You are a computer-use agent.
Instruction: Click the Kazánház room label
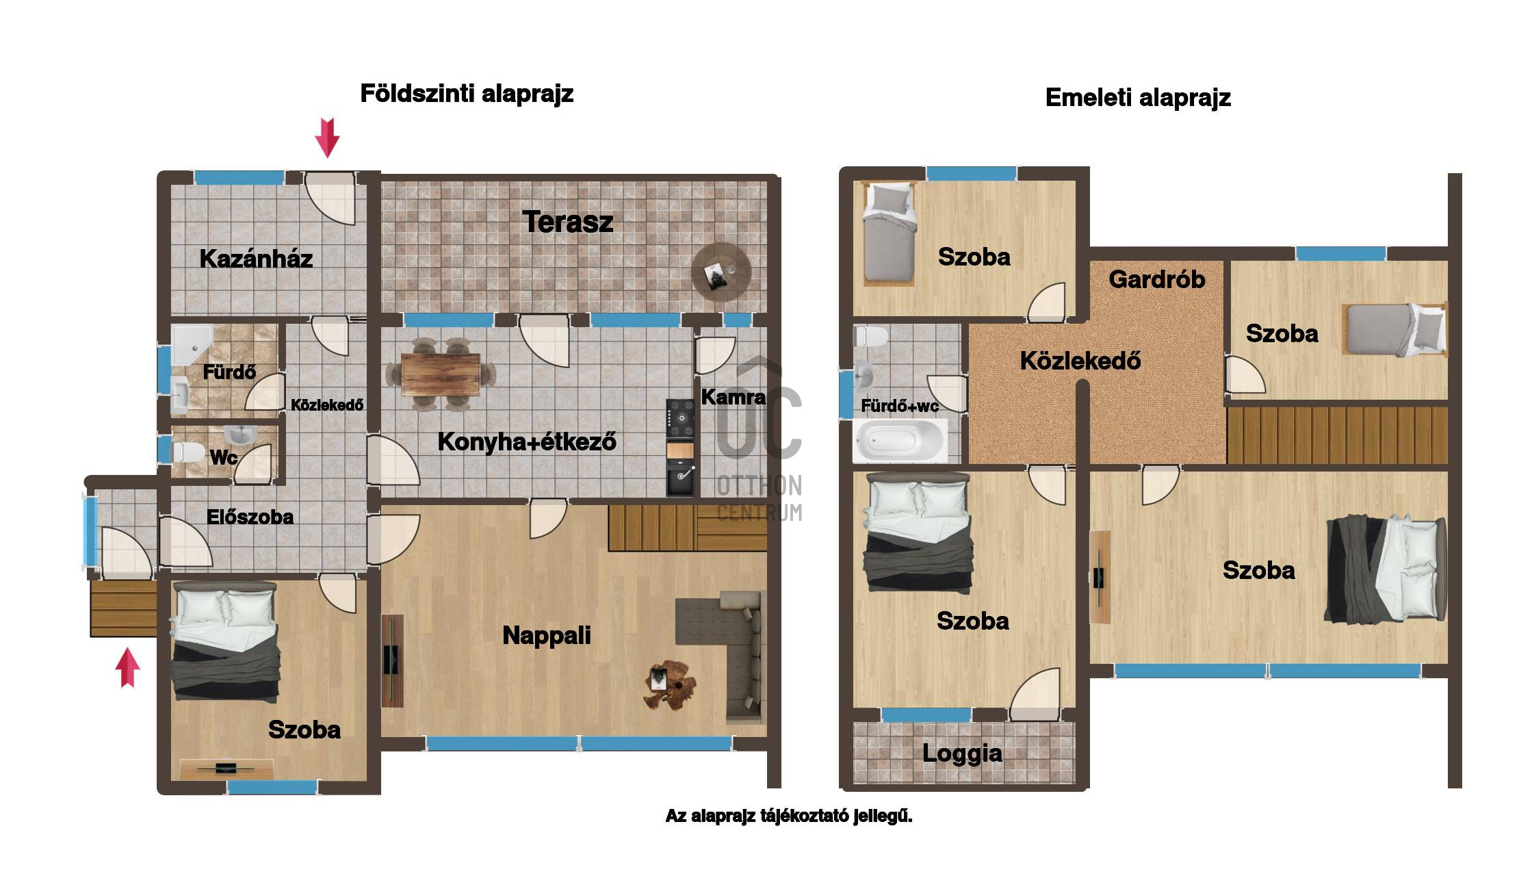[256, 259]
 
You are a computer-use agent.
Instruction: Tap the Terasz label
[567, 222]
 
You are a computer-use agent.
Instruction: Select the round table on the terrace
[721, 271]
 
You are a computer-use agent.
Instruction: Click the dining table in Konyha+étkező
[441, 374]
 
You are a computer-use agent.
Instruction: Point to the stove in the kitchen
[680, 420]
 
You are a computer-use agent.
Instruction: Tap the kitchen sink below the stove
[680, 480]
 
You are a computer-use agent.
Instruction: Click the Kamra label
[733, 397]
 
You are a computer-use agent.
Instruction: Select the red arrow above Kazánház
[327, 137]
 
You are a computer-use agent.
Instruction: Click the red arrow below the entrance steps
[127, 668]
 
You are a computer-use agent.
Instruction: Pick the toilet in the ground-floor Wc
[187, 452]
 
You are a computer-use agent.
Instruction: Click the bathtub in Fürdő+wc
[900, 440]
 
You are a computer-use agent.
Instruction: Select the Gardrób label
[1156, 279]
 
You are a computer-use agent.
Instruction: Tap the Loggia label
[962, 753]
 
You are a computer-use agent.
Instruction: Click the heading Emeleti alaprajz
[1138, 98]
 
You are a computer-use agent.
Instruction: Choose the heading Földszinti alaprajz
[467, 94]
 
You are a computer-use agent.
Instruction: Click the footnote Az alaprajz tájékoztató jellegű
[789, 816]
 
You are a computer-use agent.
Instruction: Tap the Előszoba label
[250, 517]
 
